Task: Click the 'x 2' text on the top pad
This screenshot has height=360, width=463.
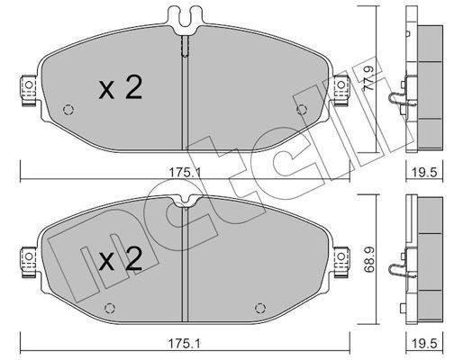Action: tap(120, 88)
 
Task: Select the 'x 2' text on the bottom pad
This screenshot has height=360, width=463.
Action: tap(120, 261)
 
